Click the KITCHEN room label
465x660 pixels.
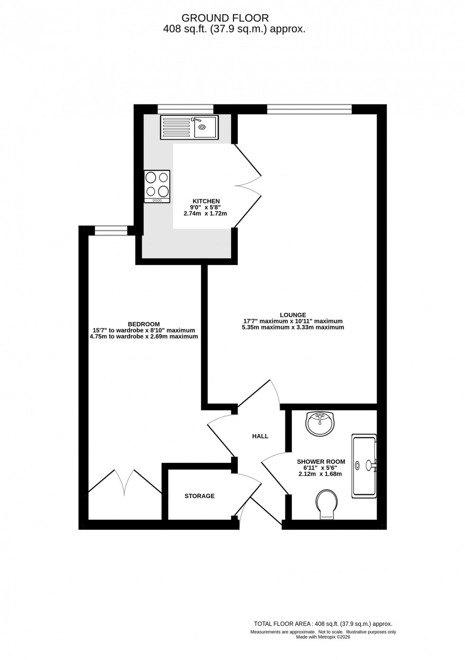pyautogui.click(x=206, y=201)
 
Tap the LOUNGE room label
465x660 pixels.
pyautogui.click(x=293, y=315)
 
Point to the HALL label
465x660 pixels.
pyautogui.click(x=260, y=436)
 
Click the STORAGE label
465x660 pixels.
pyautogui.click(x=199, y=496)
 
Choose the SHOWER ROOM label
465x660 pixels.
pyautogui.click(x=321, y=462)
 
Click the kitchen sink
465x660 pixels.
pyautogui.click(x=189, y=127)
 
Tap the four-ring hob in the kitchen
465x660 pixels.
pyautogui.click(x=157, y=186)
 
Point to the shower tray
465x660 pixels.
pyautogui.click(x=364, y=466)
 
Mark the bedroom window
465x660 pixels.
pyautogui.click(x=111, y=231)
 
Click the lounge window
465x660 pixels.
pyautogui.click(x=309, y=110)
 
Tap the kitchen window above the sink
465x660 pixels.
pyautogui.click(x=185, y=109)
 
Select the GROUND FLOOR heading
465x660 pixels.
pyautogui.click(x=225, y=18)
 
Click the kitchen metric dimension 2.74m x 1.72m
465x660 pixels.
pyautogui.click(x=205, y=214)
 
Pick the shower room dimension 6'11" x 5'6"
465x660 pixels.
pyautogui.click(x=320, y=468)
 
